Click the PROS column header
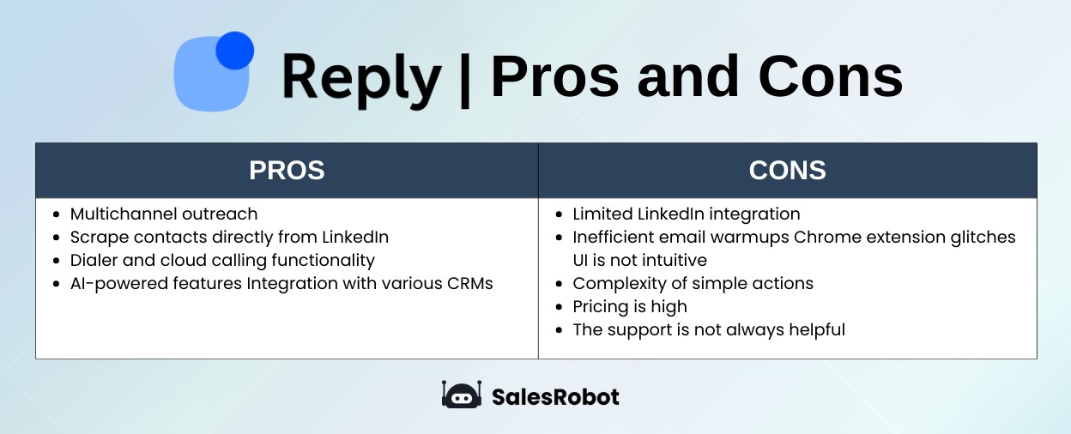click(x=287, y=170)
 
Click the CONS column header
click(x=787, y=170)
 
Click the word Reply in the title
click(x=360, y=76)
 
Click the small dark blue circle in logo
click(x=234, y=51)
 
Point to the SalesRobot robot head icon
click(x=462, y=395)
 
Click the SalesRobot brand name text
click(x=555, y=396)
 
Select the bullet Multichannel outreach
click(x=163, y=214)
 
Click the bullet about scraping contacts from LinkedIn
click(x=229, y=237)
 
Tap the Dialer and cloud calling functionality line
click(x=222, y=260)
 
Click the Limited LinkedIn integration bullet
click(x=686, y=214)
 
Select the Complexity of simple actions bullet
click(x=693, y=283)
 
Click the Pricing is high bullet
click(x=629, y=306)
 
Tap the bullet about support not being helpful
click(x=708, y=329)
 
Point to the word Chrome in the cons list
click(x=788, y=237)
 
